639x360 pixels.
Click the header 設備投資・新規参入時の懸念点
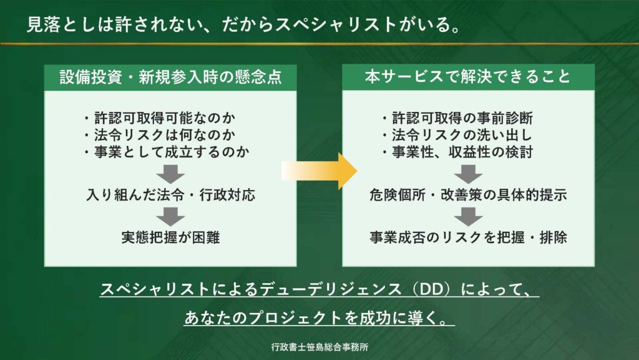pyautogui.click(x=170, y=77)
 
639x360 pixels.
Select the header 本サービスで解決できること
pyautogui.click(x=468, y=77)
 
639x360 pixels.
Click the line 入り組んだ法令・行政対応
pyautogui.click(x=170, y=194)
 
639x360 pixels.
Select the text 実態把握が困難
pyautogui.click(x=170, y=237)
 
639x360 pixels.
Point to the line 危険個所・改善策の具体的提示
pyautogui.click(x=468, y=194)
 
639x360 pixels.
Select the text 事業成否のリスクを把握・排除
pyautogui.click(x=468, y=237)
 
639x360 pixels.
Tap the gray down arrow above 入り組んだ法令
pyautogui.click(x=170, y=173)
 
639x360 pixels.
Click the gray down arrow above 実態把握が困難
pyautogui.click(x=170, y=216)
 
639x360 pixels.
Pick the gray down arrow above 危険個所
pyautogui.click(x=468, y=173)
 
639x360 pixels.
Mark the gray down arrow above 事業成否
pyautogui.click(x=468, y=216)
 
